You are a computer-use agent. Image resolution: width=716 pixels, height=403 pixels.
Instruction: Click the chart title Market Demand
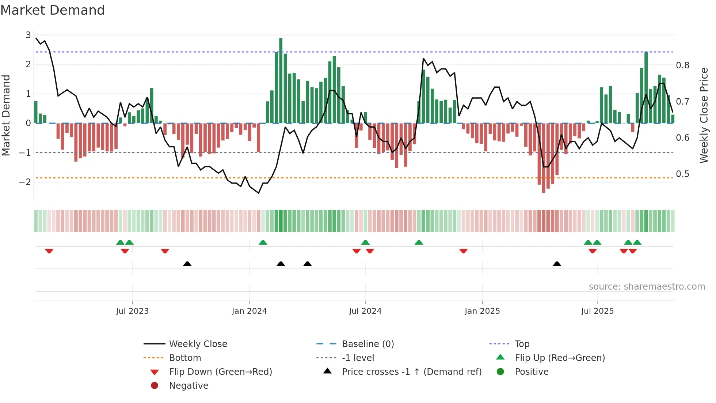(x=53, y=10)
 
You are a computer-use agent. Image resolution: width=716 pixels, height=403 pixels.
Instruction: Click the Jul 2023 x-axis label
(x=132, y=311)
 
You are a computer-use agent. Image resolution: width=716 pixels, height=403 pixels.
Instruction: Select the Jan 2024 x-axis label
(x=250, y=311)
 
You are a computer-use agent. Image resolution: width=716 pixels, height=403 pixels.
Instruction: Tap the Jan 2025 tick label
(x=482, y=311)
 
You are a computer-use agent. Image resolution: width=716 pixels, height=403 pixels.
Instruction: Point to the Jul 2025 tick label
(x=598, y=311)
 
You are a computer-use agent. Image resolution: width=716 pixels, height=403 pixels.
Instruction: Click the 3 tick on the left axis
(x=28, y=35)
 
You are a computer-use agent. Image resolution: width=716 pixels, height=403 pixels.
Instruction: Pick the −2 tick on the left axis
(x=25, y=182)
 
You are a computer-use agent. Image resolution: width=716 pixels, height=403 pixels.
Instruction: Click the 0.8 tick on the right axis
(x=683, y=65)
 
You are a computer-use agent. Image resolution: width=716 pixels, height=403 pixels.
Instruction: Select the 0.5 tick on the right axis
(x=683, y=174)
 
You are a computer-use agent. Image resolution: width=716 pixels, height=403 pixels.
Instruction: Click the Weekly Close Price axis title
(x=704, y=115)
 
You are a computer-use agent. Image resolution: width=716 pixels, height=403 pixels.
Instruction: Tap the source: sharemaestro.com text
(x=647, y=287)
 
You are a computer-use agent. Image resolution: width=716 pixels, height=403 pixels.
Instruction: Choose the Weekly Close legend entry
(x=198, y=344)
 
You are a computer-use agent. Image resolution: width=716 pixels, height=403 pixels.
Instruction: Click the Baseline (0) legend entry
(x=367, y=344)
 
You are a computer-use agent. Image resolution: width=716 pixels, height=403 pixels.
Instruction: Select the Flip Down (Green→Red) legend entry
(x=220, y=372)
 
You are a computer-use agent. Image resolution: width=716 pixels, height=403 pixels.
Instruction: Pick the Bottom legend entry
(x=185, y=358)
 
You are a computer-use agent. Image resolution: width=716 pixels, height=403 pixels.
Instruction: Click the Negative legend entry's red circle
(x=155, y=386)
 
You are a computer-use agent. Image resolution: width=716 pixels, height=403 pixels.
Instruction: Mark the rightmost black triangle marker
(x=557, y=264)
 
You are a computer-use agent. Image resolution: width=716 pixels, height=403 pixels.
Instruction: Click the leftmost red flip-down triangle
(x=49, y=251)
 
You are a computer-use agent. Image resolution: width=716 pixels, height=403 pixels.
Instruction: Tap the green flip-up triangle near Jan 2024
(x=263, y=242)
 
